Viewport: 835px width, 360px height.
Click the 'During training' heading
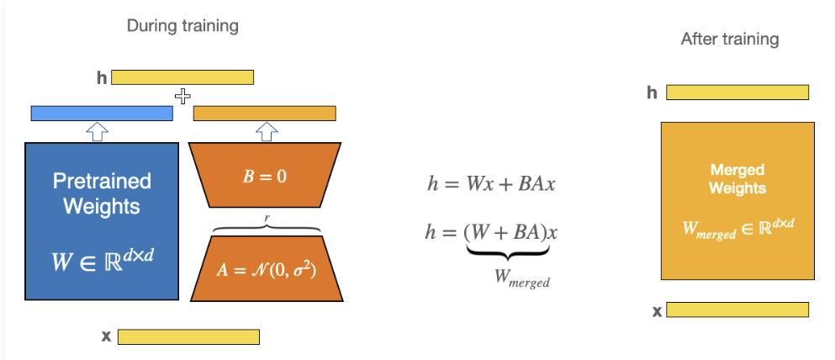pyautogui.click(x=182, y=26)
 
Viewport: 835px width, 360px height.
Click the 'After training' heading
pyautogui.click(x=730, y=40)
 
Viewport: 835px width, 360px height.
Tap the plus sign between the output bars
pyautogui.click(x=182, y=97)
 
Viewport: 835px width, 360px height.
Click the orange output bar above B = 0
pyautogui.click(x=264, y=114)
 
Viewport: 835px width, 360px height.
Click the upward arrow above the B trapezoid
pyautogui.click(x=266, y=131)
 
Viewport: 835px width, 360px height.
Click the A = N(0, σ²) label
pyautogui.click(x=265, y=271)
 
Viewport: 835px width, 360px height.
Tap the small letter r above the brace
pyautogui.click(x=268, y=216)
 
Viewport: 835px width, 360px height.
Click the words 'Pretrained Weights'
pyautogui.click(x=102, y=193)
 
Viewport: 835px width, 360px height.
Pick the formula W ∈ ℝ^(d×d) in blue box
pyautogui.click(x=103, y=261)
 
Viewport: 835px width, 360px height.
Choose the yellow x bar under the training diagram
pyautogui.click(x=188, y=336)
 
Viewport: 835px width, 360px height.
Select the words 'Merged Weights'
pyautogui.click(x=737, y=179)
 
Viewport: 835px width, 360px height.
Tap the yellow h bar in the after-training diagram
pyautogui.click(x=737, y=93)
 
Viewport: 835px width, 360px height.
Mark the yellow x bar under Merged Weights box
pyautogui.click(x=737, y=310)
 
